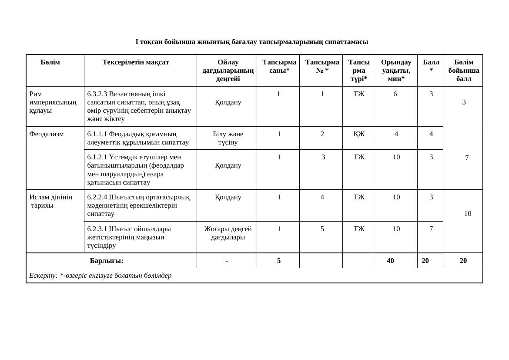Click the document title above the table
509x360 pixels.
251,42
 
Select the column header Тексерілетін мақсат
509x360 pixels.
136,62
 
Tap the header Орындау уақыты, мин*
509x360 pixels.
396,70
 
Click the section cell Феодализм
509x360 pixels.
47,134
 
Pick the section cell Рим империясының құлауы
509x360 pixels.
53,102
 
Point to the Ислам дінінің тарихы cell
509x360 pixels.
51,201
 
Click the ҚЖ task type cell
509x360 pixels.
359,134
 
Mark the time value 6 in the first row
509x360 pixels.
395,94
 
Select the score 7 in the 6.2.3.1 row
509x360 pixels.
431,229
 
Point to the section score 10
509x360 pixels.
467,214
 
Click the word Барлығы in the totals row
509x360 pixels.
107,261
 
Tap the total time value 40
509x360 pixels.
390,261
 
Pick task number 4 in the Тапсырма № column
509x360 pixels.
322,197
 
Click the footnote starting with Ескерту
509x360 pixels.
100,276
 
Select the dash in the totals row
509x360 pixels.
227,261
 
